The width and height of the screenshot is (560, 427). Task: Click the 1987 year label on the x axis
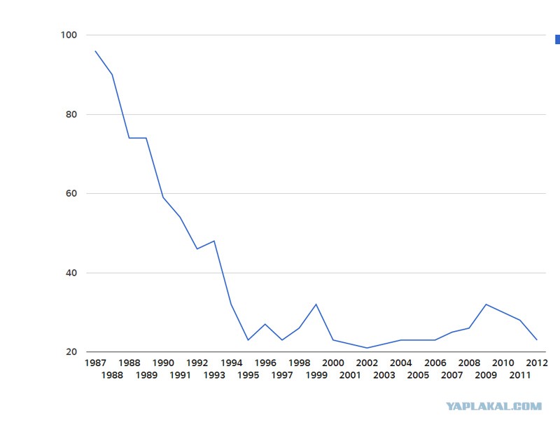coord(95,363)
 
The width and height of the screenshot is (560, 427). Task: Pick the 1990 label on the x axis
coord(163,363)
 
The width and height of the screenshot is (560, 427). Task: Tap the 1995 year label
coord(248,375)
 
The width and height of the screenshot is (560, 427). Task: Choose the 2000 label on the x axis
coord(332,363)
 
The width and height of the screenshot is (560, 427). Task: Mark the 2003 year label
coord(384,375)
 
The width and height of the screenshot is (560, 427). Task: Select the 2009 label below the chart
coord(486,375)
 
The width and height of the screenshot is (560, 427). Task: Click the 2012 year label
coord(536,363)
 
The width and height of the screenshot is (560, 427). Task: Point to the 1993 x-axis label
coord(214,375)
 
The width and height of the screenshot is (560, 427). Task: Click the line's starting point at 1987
coord(95,51)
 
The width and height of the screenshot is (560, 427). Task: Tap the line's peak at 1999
coord(316,304)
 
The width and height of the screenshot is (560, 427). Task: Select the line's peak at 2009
coord(486,304)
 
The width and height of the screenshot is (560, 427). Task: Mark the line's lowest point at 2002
coord(367,348)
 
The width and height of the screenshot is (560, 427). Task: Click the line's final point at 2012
coord(536,340)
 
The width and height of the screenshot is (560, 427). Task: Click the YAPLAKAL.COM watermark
coord(494,406)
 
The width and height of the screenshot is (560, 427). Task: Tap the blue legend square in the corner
coord(556,40)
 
